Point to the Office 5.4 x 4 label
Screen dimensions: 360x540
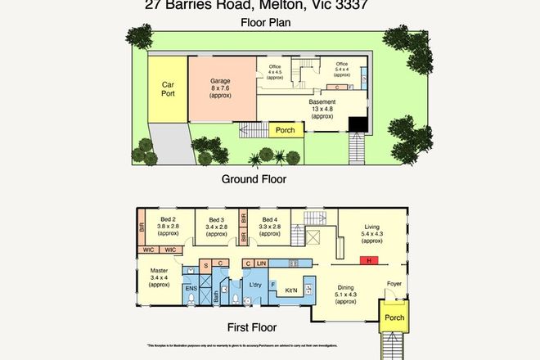pos(341,69)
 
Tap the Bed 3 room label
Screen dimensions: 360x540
pos(217,227)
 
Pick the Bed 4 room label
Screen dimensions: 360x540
pos(270,227)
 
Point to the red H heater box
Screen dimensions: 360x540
pos(369,262)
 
